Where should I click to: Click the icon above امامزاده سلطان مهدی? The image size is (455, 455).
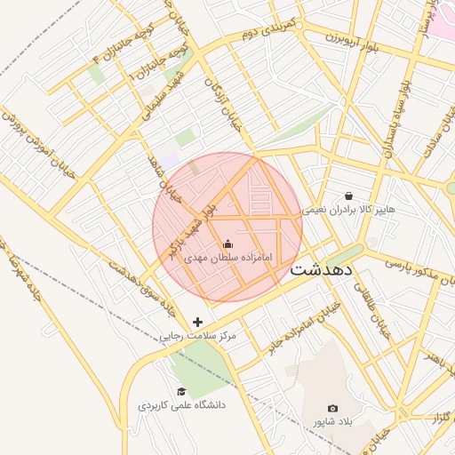(x=227, y=244)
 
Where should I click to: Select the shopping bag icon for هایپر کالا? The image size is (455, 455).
(x=347, y=196)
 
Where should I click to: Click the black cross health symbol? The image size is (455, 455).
(x=197, y=322)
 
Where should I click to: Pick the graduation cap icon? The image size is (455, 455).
(x=181, y=392)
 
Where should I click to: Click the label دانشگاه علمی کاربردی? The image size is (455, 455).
(x=182, y=405)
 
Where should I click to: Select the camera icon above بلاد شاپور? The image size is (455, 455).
(x=332, y=408)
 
